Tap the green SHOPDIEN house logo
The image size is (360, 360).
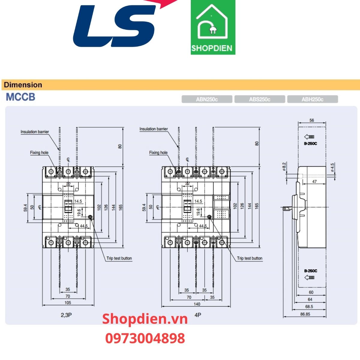[x=213, y=27]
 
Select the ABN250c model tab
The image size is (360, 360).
[x=207, y=99]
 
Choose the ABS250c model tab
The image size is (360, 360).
[x=259, y=99]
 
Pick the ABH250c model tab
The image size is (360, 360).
[x=312, y=99]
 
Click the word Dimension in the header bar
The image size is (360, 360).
[x=23, y=85]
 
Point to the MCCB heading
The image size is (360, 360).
[x=20, y=97]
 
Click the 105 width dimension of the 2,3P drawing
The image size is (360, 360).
[x=68, y=302]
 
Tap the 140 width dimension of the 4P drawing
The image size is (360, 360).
[x=197, y=304]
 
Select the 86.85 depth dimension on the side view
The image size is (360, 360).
[x=305, y=314]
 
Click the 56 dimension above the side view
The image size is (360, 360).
[x=312, y=120]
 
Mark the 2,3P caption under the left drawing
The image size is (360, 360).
[x=66, y=315]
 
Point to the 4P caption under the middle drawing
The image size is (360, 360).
[x=198, y=315]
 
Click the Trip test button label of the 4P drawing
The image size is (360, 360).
[x=250, y=258]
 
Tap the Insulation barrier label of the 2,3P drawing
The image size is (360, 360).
[x=35, y=132]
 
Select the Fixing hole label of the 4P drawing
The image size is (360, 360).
[x=158, y=152]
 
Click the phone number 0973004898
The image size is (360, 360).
[x=145, y=338]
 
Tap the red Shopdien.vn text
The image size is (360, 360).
[x=145, y=319]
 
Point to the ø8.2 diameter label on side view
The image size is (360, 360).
[x=284, y=166]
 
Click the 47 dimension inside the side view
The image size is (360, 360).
[x=314, y=181]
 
